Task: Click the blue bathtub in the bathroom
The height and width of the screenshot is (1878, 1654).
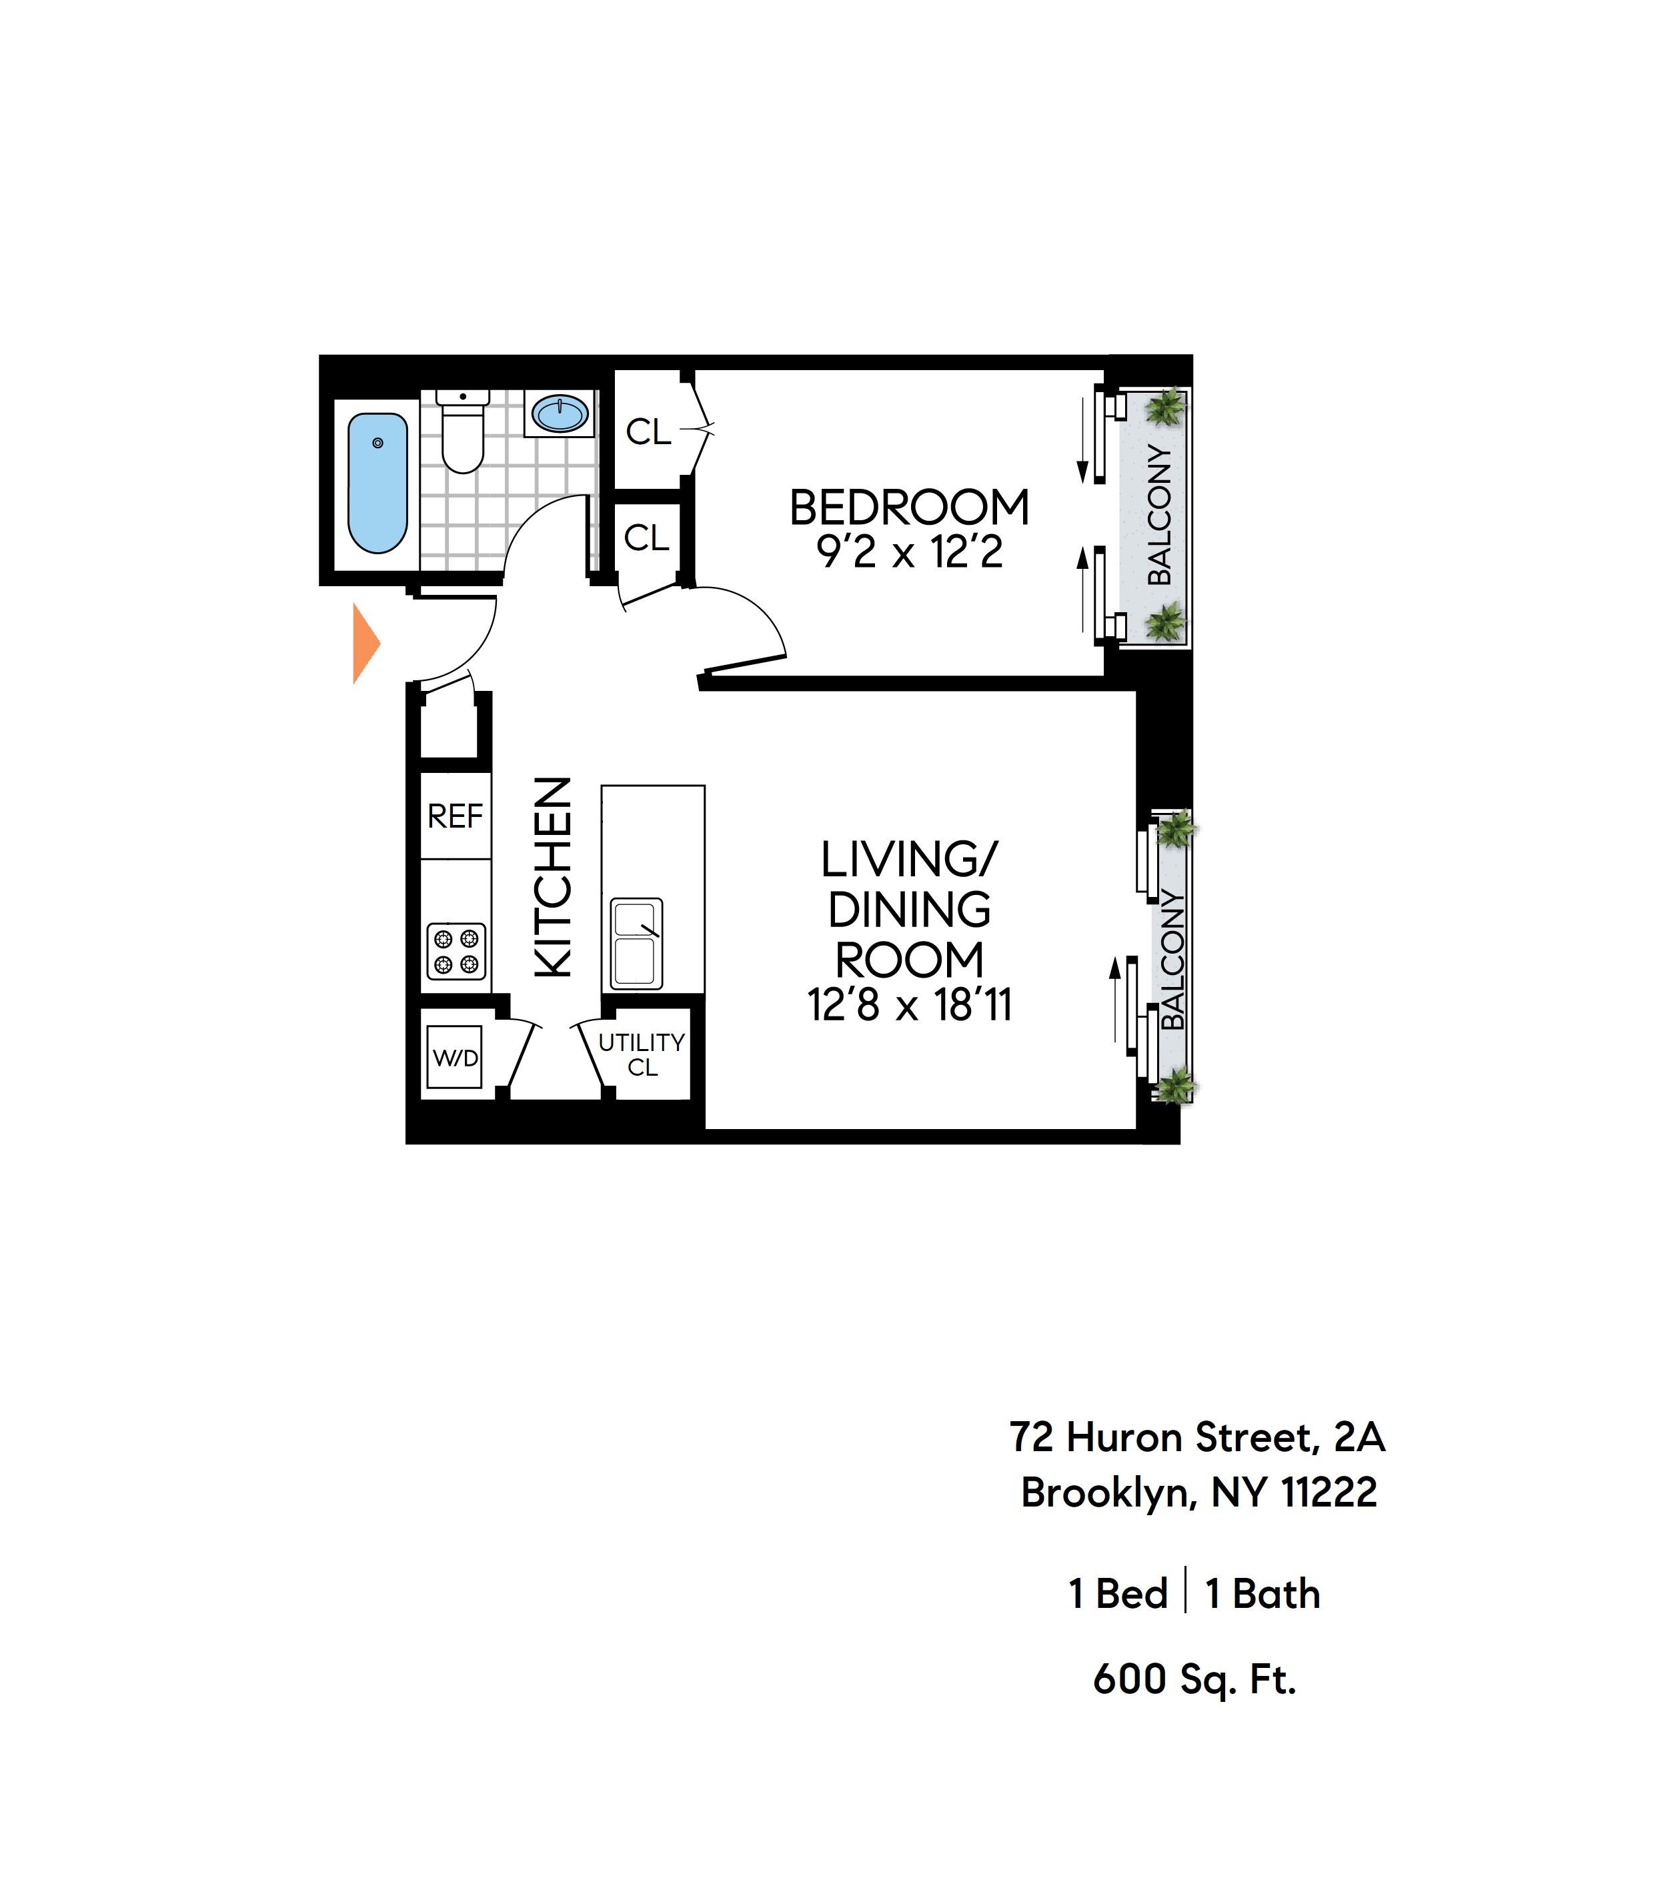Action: pyautogui.click(x=377, y=484)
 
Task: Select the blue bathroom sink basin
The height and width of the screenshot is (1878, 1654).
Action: pyautogui.click(x=560, y=413)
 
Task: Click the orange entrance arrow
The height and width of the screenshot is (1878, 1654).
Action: pyautogui.click(x=365, y=643)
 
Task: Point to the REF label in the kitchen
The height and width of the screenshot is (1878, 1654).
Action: pyautogui.click(x=455, y=816)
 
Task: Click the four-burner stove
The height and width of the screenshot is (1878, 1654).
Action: pyautogui.click(x=456, y=951)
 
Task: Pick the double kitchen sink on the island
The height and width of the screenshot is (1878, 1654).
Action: pyautogui.click(x=636, y=943)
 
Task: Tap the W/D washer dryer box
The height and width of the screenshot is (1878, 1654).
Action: pyautogui.click(x=455, y=1058)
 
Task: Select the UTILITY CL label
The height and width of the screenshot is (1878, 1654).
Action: pyautogui.click(x=642, y=1055)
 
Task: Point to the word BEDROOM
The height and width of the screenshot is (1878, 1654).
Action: pyautogui.click(x=909, y=508)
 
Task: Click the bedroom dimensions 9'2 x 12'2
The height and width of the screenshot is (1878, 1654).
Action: pyautogui.click(x=909, y=553)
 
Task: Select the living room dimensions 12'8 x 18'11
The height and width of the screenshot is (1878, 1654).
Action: pyautogui.click(x=909, y=1005)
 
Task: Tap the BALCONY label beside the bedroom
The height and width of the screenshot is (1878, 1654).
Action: pyautogui.click(x=1160, y=516)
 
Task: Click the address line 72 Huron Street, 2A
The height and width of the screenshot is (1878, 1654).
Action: pyautogui.click(x=1196, y=1438)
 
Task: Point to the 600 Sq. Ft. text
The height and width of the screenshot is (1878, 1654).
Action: pyautogui.click(x=1194, y=1679)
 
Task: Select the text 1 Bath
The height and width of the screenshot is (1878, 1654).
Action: pyautogui.click(x=1262, y=1594)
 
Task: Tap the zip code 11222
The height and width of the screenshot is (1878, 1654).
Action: pyautogui.click(x=1329, y=1493)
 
